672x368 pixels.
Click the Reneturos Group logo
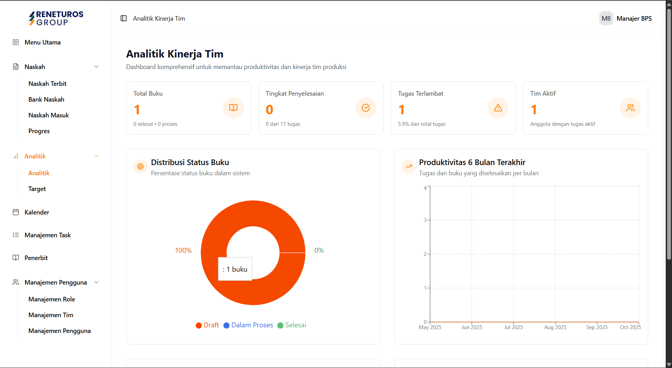pyautogui.click(x=56, y=18)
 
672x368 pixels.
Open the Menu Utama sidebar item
pyautogui.click(x=42, y=42)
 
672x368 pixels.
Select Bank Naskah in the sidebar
pyautogui.click(x=46, y=100)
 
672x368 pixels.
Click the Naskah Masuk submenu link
pyautogui.click(x=49, y=115)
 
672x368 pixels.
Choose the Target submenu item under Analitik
pyautogui.click(x=37, y=189)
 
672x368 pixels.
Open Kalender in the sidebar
pyautogui.click(x=37, y=212)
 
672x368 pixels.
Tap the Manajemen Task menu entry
pyautogui.click(x=48, y=235)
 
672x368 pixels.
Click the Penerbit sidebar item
pyautogui.click(x=36, y=258)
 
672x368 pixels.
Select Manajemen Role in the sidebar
pyautogui.click(x=52, y=299)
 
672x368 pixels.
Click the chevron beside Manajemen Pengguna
pyautogui.click(x=96, y=282)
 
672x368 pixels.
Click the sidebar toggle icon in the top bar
pyautogui.click(x=124, y=19)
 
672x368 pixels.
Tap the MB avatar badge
pyautogui.click(x=606, y=19)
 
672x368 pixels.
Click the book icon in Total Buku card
pyautogui.click(x=234, y=108)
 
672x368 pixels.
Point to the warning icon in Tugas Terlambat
pyautogui.click(x=498, y=108)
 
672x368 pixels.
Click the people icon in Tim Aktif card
pyautogui.click(x=630, y=108)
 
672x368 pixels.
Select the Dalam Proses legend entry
pyautogui.click(x=248, y=325)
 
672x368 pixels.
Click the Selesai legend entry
pyautogui.click(x=292, y=325)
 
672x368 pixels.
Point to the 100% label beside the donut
pyautogui.click(x=183, y=251)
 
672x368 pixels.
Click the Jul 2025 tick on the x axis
pyautogui.click(x=513, y=327)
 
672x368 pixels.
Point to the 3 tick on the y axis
pyautogui.click(x=425, y=220)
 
